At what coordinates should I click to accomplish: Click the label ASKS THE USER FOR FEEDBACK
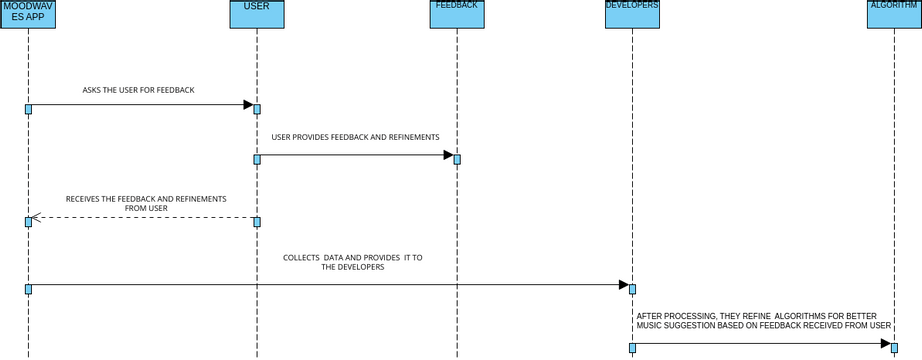[x=138, y=90]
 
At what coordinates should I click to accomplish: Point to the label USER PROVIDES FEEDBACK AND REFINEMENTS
[x=355, y=136]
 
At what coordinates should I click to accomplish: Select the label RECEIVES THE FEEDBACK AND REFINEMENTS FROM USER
[x=146, y=203]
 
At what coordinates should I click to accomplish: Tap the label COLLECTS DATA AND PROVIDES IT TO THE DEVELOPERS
[x=353, y=262]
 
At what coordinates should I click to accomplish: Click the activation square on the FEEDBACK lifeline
[x=457, y=160]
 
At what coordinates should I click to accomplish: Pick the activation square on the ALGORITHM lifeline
[x=894, y=345]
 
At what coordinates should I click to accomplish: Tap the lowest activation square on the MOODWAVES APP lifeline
[x=28, y=289]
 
